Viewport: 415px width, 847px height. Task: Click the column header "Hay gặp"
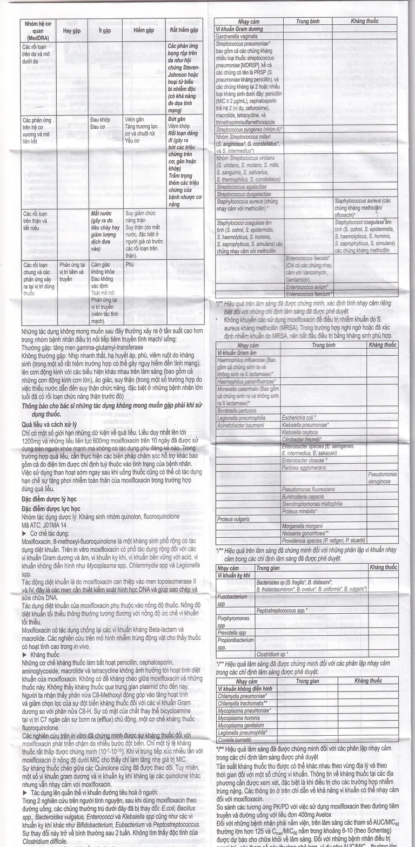pyautogui.click(x=71, y=31)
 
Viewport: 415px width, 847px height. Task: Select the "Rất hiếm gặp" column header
pyautogui.click(x=184, y=31)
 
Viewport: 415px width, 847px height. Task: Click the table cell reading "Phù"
pyautogui.click(x=129, y=265)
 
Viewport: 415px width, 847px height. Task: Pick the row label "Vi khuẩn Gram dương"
pyautogui.click(x=239, y=29)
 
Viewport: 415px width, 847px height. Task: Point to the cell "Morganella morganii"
pyautogui.click(x=305, y=526)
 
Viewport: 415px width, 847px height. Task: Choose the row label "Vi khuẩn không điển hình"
pyautogui.click(x=245, y=689)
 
